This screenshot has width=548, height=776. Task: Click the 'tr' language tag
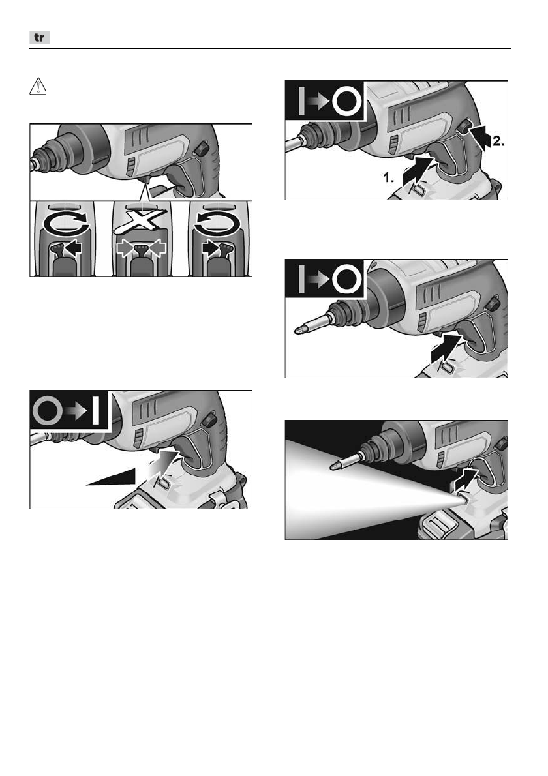pyautogui.click(x=40, y=37)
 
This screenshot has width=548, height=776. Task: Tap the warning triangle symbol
pyautogui.click(x=38, y=87)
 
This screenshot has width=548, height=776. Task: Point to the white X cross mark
pyautogui.click(x=140, y=220)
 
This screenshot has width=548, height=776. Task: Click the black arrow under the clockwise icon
pyautogui.click(x=73, y=248)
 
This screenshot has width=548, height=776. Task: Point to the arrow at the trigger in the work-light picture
pyautogui.click(x=465, y=479)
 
